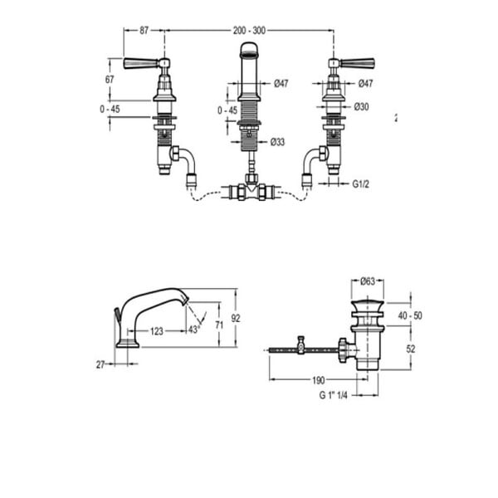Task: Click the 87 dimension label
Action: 144,31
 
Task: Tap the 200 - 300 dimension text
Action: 249,31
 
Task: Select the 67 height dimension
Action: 110,80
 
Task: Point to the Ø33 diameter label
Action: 277,142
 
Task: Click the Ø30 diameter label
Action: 361,107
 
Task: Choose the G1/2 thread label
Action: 361,184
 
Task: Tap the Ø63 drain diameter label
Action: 368,281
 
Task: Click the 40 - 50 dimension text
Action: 410,315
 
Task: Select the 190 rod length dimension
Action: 319,380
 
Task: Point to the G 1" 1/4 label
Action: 333,395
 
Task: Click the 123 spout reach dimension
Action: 157,331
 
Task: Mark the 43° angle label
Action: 193,330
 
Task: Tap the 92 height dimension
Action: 236,318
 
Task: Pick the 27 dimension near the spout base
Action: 100,365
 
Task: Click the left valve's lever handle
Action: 141,63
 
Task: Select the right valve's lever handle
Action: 357,63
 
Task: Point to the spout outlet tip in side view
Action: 186,300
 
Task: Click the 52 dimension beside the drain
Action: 411,349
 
